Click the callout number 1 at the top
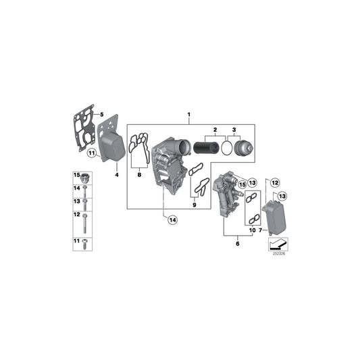point(190,115)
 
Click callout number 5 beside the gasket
point(101,114)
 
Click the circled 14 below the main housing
point(172,220)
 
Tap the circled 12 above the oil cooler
point(275,182)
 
